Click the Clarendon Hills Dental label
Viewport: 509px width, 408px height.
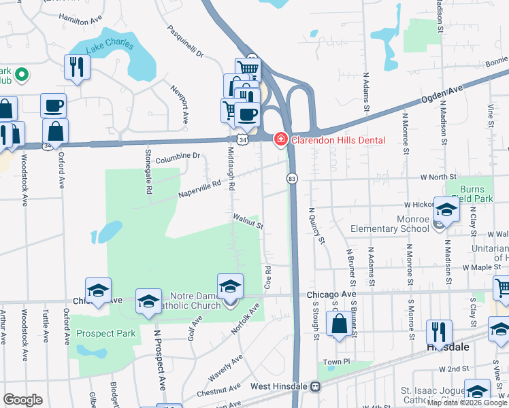tap(338, 140)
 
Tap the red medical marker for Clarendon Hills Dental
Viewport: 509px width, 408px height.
tap(280, 140)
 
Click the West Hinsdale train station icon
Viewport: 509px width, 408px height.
tap(315, 387)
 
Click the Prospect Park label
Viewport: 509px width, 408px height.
tap(106, 333)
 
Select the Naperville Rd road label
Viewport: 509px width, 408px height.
tap(200, 184)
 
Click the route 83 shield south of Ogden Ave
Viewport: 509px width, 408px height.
tap(292, 178)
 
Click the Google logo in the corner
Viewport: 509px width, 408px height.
tap(23, 400)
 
